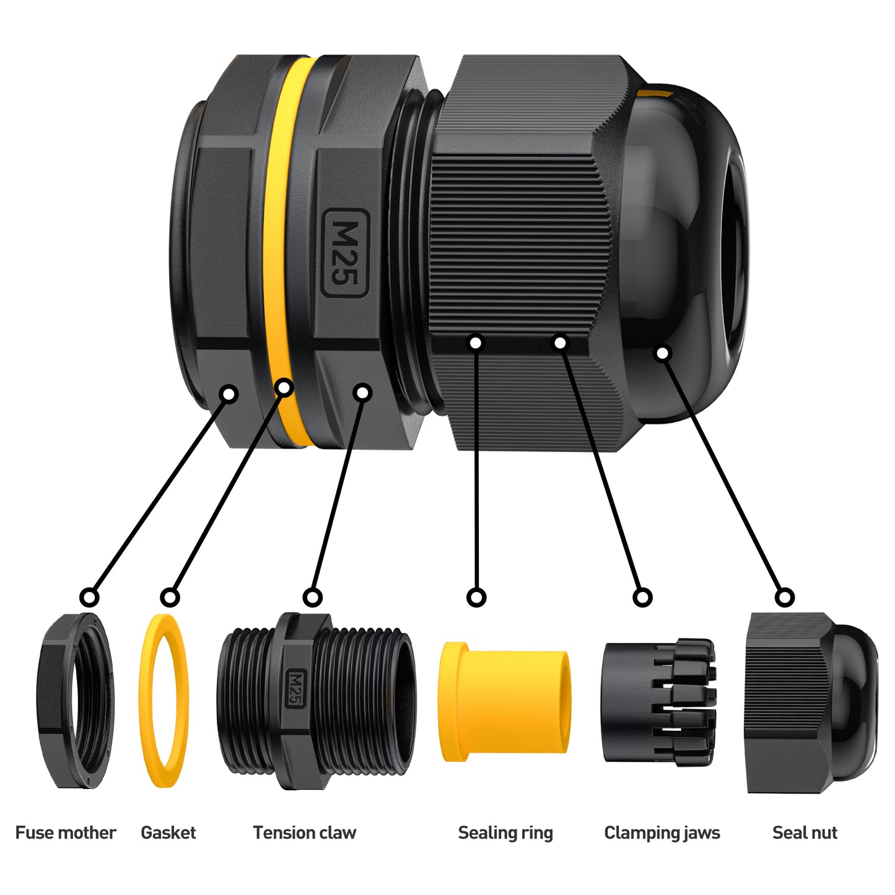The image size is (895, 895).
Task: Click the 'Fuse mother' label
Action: point(66,832)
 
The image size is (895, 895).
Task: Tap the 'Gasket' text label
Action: point(168,832)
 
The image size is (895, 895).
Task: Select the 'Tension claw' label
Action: point(305,832)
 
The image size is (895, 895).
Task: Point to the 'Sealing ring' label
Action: point(505,833)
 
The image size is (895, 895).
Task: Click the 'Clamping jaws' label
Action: point(662,833)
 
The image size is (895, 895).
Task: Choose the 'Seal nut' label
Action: point(805,832)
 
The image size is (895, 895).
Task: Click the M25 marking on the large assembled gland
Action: point(345,253)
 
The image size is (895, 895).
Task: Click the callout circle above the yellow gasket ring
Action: point(170,597)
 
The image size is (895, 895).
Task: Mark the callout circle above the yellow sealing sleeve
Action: point(476,597)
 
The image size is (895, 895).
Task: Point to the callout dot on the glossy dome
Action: point(662,353)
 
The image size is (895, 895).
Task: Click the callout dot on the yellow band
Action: point(284,387)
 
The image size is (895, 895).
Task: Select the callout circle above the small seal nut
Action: point(785,597)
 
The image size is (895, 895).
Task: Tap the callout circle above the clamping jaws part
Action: point(642,597)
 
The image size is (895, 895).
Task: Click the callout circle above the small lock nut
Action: point(89,597)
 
